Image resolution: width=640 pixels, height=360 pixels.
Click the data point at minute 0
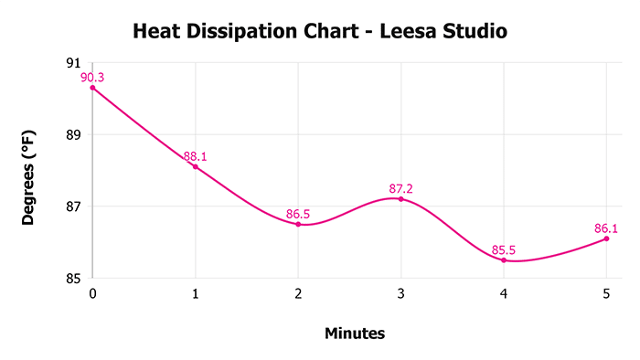tap(92, 88)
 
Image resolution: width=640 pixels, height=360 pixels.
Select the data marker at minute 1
tap(195, 166)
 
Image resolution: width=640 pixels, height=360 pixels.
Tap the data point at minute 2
tap(298, 224)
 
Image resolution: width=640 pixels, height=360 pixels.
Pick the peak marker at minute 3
tap(400, 198)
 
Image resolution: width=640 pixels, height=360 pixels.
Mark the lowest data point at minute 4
tap(504, 259)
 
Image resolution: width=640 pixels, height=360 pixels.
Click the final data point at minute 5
tap(606, 238)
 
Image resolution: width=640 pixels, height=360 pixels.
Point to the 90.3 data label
tap(92, 78)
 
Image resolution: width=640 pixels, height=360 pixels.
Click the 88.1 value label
tap(195, 156)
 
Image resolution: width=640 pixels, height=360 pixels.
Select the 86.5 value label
tap(298, 214)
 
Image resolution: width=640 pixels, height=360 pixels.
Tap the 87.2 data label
tap(400, 188)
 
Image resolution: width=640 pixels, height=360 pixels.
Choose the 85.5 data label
tap(504, 249)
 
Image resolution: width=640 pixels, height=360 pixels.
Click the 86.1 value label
tap(606, 228)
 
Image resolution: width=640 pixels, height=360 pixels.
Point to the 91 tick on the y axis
tap(72, 63)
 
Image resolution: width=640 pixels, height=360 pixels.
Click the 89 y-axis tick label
tap(72, 135)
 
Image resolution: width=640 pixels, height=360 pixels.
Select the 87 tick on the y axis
tap(72, 206)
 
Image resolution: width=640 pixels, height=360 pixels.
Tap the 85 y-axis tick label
tap(72, 278)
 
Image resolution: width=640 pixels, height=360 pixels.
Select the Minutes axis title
tap(355, 334)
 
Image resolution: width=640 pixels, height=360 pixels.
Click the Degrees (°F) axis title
tap(29, 171)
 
